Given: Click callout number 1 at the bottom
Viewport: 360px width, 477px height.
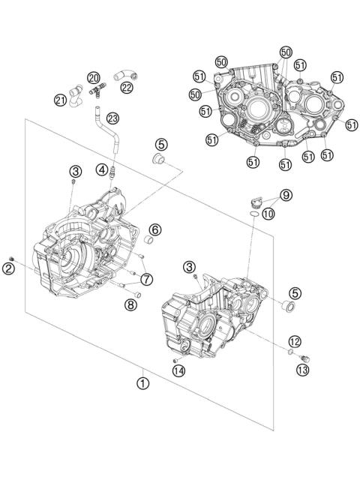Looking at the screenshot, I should coord(143,383).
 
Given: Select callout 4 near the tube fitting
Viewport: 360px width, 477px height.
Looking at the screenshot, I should coord(100,169).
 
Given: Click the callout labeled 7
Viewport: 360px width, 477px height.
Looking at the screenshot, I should coord(146,278).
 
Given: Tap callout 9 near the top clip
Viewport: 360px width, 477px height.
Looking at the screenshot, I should coord(286,196).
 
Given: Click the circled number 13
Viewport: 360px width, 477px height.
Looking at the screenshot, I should coord(303,370).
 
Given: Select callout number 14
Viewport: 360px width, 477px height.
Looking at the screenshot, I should coord(178,369).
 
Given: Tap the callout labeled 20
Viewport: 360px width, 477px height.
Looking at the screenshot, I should coord(94,77).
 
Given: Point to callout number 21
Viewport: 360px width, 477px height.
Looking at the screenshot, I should coord(60,99).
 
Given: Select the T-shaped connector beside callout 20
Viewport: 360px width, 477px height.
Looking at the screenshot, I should coord(95,90).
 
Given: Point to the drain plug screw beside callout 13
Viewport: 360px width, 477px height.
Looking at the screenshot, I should coord(305,357).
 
